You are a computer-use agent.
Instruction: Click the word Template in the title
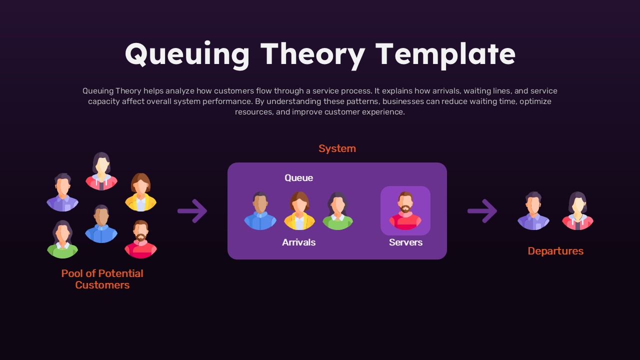[445, 54]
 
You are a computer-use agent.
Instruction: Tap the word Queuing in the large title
[187, 54]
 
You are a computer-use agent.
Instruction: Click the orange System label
[337, 148]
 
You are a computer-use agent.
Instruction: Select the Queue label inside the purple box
[298, 178]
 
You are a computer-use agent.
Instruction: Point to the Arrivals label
[298, 242]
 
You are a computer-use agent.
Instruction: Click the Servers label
[405, 242]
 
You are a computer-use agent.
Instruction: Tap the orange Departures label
[555, 251]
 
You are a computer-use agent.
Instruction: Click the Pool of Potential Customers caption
[102, 279]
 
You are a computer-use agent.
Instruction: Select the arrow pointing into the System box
[192, 211]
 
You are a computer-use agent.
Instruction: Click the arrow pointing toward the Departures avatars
[482, 211]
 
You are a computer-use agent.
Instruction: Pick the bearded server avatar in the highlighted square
[405, 210]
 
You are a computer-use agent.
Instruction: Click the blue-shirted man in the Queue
[260, 211]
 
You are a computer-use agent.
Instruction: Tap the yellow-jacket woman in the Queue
[299, 211]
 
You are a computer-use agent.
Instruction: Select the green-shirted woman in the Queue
[337, 211]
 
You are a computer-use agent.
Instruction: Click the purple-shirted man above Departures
[533, 211]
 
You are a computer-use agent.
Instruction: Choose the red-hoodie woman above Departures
[577, 211]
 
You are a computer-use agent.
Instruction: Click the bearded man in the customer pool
[140, 239]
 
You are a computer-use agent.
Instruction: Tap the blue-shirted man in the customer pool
[101, 224]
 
